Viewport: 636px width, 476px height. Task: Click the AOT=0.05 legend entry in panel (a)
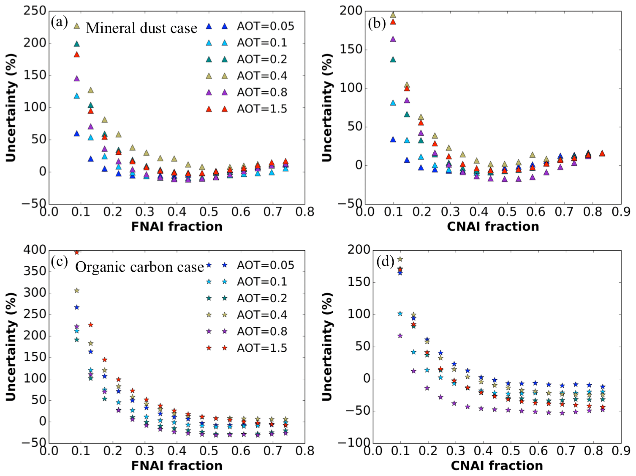265,26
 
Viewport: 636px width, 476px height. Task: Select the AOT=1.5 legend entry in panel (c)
262,348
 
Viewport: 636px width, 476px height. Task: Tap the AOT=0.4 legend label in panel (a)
262,76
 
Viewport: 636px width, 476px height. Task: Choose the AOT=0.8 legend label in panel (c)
262,331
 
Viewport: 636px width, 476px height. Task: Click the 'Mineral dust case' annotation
141,28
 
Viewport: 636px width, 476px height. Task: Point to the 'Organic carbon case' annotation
139,267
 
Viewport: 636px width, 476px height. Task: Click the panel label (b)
377,23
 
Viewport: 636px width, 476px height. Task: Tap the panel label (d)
386,262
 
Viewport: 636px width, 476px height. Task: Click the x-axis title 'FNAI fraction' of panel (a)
177,227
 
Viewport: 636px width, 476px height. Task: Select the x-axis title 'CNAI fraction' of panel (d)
497,465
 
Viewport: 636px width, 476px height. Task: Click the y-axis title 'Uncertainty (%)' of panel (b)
327,107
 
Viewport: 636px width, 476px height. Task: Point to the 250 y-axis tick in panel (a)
35,11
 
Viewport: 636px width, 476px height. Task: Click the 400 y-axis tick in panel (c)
35,250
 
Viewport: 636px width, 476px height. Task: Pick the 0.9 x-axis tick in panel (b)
621,212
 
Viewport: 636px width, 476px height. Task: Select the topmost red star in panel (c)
76,252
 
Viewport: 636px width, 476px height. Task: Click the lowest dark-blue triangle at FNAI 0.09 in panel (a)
76,134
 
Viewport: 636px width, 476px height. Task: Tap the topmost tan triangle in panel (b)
393,15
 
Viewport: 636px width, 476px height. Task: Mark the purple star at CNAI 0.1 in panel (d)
400,336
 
